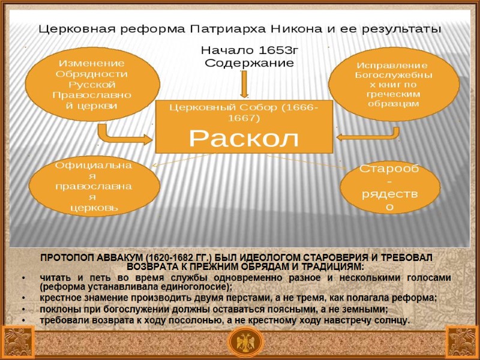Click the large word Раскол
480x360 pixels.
[244, 139]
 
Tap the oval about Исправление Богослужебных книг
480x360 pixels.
[391, 84]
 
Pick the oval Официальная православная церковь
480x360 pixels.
[94, 186]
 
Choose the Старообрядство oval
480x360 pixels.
[390, 188]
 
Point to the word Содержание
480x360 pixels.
[249, 62]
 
